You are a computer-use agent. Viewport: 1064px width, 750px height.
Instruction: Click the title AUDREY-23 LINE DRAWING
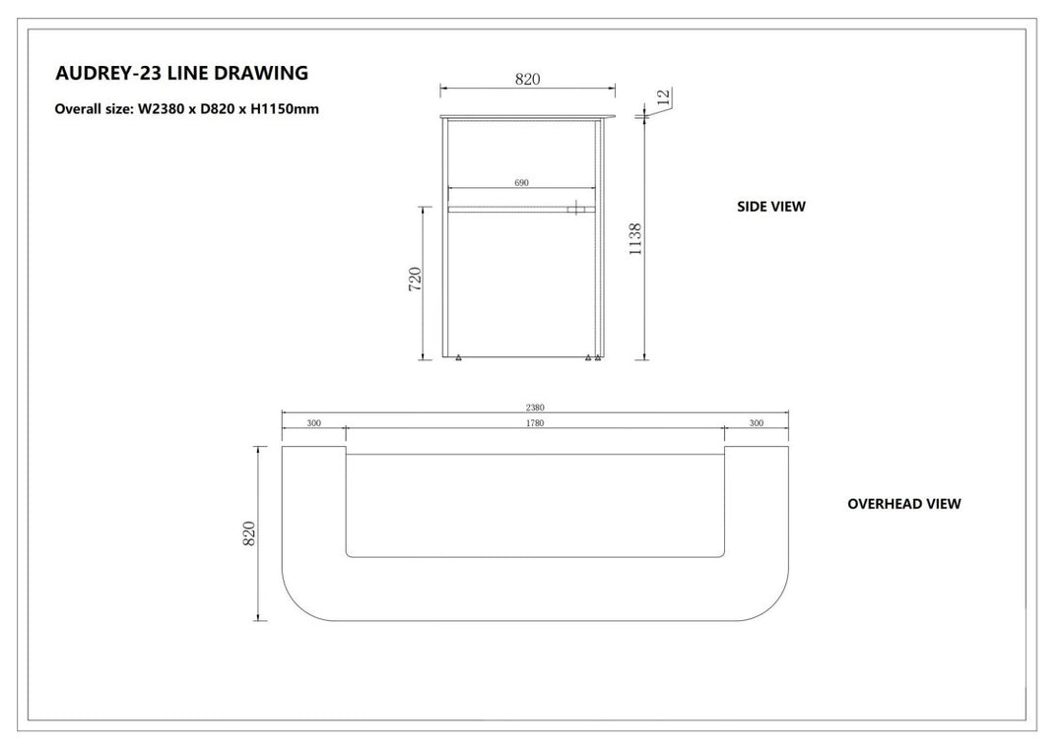click(182, 73)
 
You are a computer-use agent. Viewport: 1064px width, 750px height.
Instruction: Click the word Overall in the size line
click(78, 109)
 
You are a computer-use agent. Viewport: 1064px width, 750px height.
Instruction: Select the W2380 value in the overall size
click(161, 109)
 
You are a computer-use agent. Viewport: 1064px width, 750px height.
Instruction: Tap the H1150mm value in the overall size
click(285, 109)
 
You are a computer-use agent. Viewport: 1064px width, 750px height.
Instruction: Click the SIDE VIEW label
click(771, 207)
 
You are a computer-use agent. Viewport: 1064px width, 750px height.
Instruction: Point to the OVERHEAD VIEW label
click(903, 504)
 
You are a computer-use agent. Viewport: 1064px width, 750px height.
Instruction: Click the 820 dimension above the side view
click(527, 80)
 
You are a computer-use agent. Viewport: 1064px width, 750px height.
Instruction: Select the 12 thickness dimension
click(664, 97)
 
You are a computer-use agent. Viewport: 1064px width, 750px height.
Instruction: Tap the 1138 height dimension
click(635, 239)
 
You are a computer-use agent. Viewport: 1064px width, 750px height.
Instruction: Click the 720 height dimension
click(415, 280)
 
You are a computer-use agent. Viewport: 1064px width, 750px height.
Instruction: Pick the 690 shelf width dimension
click(521, 183)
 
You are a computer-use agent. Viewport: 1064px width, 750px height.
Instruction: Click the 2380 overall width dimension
click(535, 407)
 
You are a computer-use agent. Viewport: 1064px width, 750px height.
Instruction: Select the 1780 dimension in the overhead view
click(535, 423)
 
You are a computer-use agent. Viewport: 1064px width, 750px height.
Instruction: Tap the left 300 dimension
click(313, 423)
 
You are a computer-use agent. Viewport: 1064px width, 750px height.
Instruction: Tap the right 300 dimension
click(756, 423)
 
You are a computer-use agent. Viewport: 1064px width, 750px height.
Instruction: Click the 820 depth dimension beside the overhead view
click(249, 533)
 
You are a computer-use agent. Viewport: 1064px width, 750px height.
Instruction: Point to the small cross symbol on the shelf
click(575, 209)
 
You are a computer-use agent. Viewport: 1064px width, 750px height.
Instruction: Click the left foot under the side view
click(459, 357)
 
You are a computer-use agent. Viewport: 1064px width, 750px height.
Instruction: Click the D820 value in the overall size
click(217, 109)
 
